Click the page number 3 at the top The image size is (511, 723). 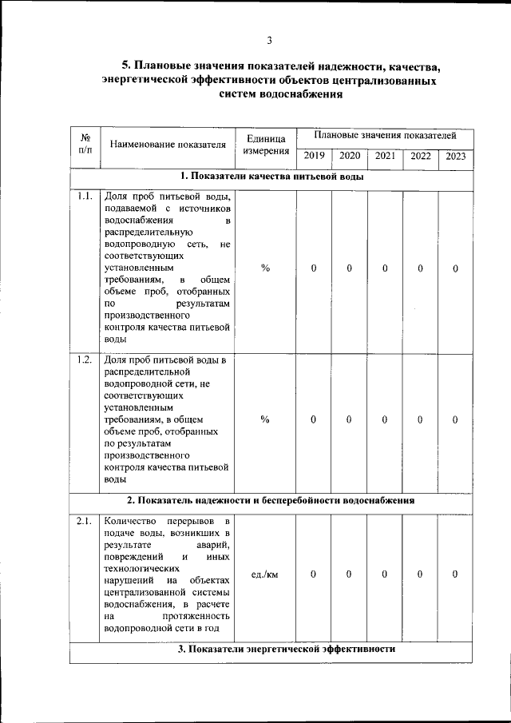pyautogui.click(x=270, y=40)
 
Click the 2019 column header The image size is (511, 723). pyautogui.click(x=314, y=157)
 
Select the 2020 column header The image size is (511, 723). pyautogui.click(x=350, y=157)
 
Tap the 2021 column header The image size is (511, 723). pyautogui.click(x=385, y=157)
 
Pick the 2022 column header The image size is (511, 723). pyautogui.click(x=421, y=157)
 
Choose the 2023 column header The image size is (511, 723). pyautogui.click(x=456, y=157)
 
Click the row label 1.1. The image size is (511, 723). pyautogui.click(x=85, y=197)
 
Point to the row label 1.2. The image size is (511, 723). pyautogui.click(x=85, y=359)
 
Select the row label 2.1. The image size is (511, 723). pyautogui.click(x=85, y=522)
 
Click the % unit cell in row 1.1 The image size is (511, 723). pyautogui.click(x=265, y=268)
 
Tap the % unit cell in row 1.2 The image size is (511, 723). pyautogui.click(x=265, y=419)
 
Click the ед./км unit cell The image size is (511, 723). pyautogui.click(x=265, y=574)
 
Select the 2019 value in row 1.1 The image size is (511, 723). pyautogui.click(x=314, y=268)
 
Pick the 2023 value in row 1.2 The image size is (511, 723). pyautogui.click(x=455, y=419)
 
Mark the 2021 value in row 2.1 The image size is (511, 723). pyautogui.click(x=385, y=574)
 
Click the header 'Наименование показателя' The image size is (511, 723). pyautogui.click(x=168, y=145)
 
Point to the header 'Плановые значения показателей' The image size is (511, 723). pyautogui.click(x=385, y=137)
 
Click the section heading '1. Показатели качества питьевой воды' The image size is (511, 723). pyautogui.click(x=271, y=177)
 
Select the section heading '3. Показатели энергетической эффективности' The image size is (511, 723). pyautogui.click(x=287, y=650)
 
